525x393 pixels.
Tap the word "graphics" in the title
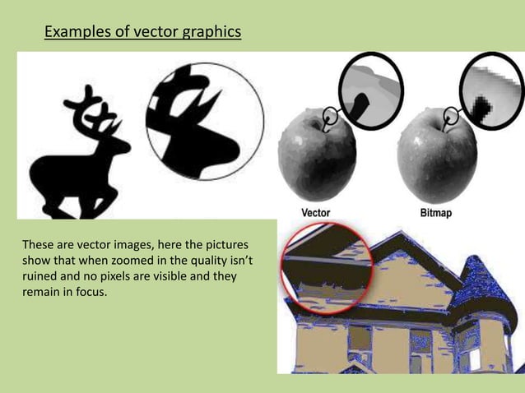pyautogui.click(x=213, y=33)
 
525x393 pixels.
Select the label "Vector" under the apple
pyautogui.click(x=316, y=211)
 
